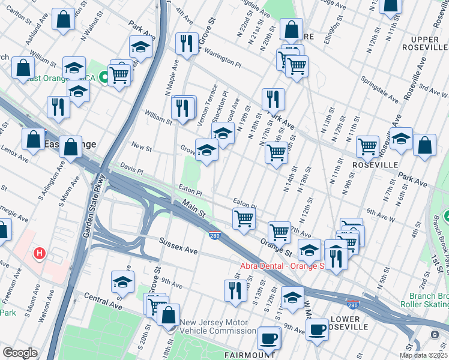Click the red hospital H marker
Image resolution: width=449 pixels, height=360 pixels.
pos(40,254)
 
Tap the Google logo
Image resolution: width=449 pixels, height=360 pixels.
pos(19,353)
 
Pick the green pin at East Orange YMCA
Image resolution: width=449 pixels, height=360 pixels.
pos(104,77)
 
